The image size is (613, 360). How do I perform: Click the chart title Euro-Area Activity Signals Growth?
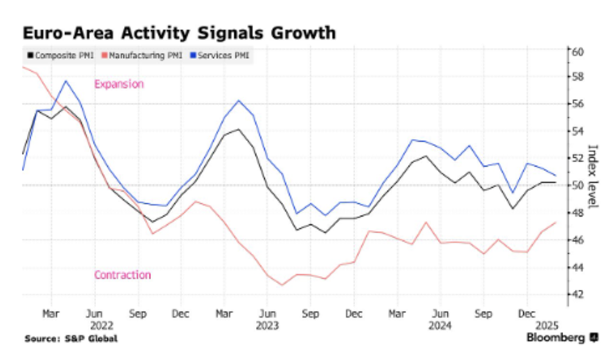(180, 32)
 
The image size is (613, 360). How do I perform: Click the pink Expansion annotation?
(118, 84)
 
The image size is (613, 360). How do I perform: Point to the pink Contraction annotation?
(122, 275)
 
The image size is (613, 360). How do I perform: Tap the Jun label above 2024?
(441, 313)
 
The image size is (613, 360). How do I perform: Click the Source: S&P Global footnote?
(71, 339)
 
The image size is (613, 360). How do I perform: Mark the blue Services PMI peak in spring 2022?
(66, 81)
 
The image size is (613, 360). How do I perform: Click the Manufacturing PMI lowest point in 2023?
(282, 285)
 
